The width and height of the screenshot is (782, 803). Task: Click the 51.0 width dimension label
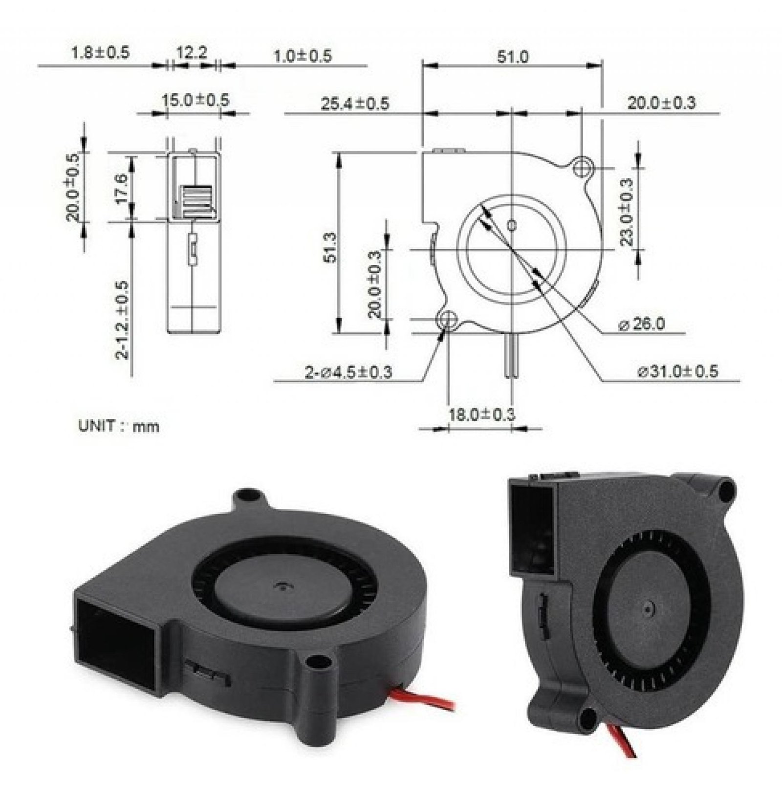tap(513, 57)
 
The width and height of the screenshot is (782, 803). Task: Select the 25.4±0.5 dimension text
tap(355, 104)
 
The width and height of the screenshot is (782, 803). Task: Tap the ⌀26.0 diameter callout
tap(641, 324)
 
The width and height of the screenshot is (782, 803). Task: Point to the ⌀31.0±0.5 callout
tap(678, 371)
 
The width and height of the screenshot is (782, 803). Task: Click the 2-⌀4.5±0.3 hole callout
tap(348, 373)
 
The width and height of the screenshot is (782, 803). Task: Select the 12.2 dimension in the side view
tap(192, 52)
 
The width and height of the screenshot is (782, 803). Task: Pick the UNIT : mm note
tap(119, 426)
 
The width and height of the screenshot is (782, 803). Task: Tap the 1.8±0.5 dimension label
tap(101, 52)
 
